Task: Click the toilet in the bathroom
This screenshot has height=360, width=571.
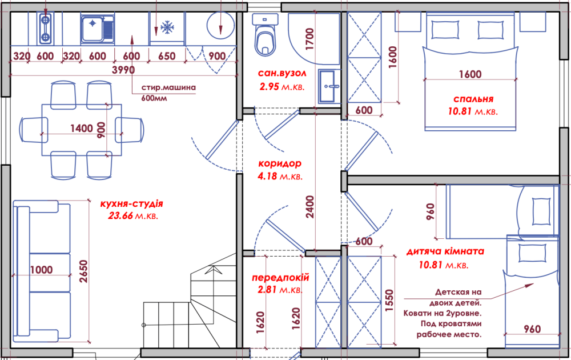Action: (x=265, y=35)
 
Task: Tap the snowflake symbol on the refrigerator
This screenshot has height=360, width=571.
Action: (x=167, y=27)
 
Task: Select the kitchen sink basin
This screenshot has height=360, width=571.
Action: (x=93, y=29)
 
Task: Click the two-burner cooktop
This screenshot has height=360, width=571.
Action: (x=45, y=28)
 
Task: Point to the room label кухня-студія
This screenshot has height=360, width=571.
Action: (x=131, y=203)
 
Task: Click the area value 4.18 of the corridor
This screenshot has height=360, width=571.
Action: (x=268, y=177)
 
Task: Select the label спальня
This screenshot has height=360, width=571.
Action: (x=473, y=99)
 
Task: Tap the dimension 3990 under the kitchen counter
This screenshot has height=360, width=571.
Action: (x=123, y=70)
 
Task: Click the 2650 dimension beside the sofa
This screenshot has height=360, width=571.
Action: (x=84, y=271)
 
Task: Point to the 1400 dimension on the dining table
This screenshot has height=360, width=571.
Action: (x=82, y=128)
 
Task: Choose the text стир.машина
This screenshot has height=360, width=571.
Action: (x=168, y=87)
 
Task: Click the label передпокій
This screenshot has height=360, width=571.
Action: (x=280, y=278)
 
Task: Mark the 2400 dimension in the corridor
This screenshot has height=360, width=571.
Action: (x=309, y=207)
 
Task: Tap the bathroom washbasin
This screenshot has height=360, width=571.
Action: (x=329, y=86)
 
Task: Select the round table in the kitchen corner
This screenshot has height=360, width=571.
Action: (x=220, y=26)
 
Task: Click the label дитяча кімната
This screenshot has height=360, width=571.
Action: (x=445, y=251)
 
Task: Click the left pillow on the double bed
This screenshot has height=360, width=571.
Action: (x=445, y=30)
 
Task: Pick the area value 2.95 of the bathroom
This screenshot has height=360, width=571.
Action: (x=270, y=87)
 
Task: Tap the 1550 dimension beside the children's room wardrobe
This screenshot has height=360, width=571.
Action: (x=389, y=300)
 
